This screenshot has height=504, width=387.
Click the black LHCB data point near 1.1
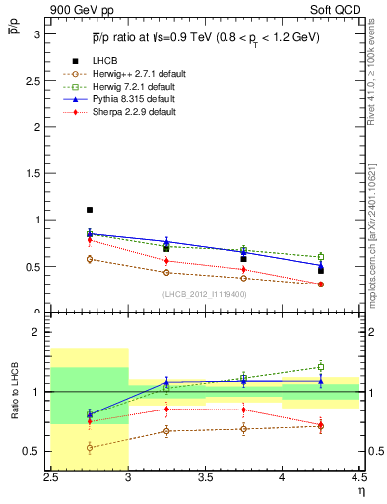90,210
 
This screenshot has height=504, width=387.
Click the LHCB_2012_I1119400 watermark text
204,293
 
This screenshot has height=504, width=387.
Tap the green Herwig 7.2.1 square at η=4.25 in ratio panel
320,367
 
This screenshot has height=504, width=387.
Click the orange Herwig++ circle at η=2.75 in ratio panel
90,448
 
